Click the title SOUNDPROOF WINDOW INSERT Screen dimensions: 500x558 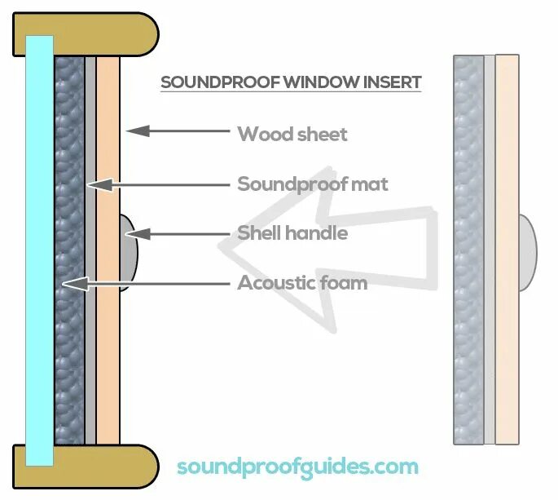pyautogui.click(x=291, y=82)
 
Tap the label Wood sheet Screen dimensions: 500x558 pyautogui.click(x=292, y=134)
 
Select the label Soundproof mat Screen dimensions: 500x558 pyautogui.click(x=312, y=184)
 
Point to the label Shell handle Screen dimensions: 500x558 pyautogui.click(x=292, y=233)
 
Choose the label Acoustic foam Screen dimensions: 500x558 pyautogui.click(x=301, y=283)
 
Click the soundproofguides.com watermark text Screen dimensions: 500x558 pyautogui.click(x=297, y=467)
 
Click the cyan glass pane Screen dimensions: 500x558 pyautogui.click(x=39, y=245)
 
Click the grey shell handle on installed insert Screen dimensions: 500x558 pyautogui.click(x=129, y=253)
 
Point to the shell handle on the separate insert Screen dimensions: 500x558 pyautogui.click(x=527, y=253)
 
